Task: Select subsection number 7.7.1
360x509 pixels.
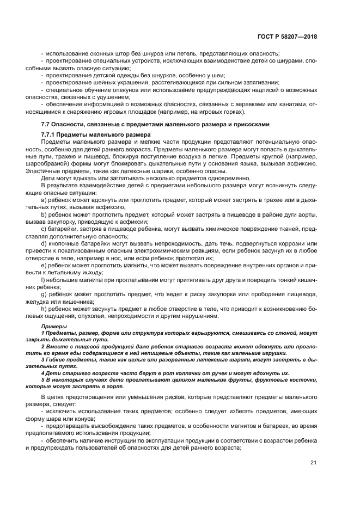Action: coord(49,134)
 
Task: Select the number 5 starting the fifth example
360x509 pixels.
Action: coord(42,379)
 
